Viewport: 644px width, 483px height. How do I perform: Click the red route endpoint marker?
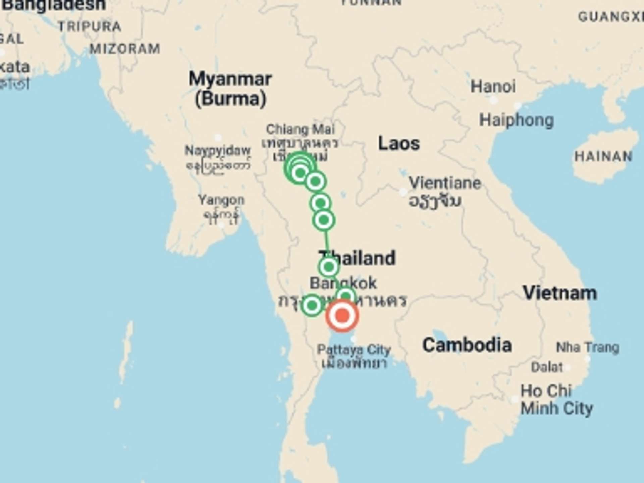click(342, 316)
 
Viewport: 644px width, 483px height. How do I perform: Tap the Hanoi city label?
click(493, 87)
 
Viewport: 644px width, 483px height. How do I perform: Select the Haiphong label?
click(516, 120)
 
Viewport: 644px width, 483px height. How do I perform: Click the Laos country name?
click(399, 144)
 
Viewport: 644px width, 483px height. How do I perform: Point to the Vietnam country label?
click(560, 293)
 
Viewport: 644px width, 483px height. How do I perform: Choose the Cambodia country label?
click(467, 345)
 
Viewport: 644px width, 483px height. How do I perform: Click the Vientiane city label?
click(445, 183)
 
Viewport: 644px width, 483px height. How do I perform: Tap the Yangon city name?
click(221, 200)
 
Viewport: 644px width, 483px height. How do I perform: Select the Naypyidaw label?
click(217, 151)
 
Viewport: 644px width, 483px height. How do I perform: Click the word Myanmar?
click(230, 79)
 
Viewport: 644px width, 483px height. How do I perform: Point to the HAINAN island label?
click(603, 156)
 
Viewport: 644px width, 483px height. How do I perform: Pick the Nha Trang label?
click(587, 347)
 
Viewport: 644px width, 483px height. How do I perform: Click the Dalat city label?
click(547, 367)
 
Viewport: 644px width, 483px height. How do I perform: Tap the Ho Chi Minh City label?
click(556, 400)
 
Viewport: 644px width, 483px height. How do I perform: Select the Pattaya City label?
click(354, 350)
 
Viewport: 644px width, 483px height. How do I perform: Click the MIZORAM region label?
click(125, 49)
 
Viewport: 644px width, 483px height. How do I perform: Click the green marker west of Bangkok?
click(312, 305)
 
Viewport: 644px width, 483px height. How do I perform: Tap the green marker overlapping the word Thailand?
click(329, 267)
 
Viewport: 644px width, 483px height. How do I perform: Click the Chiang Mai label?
click(300, 129)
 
